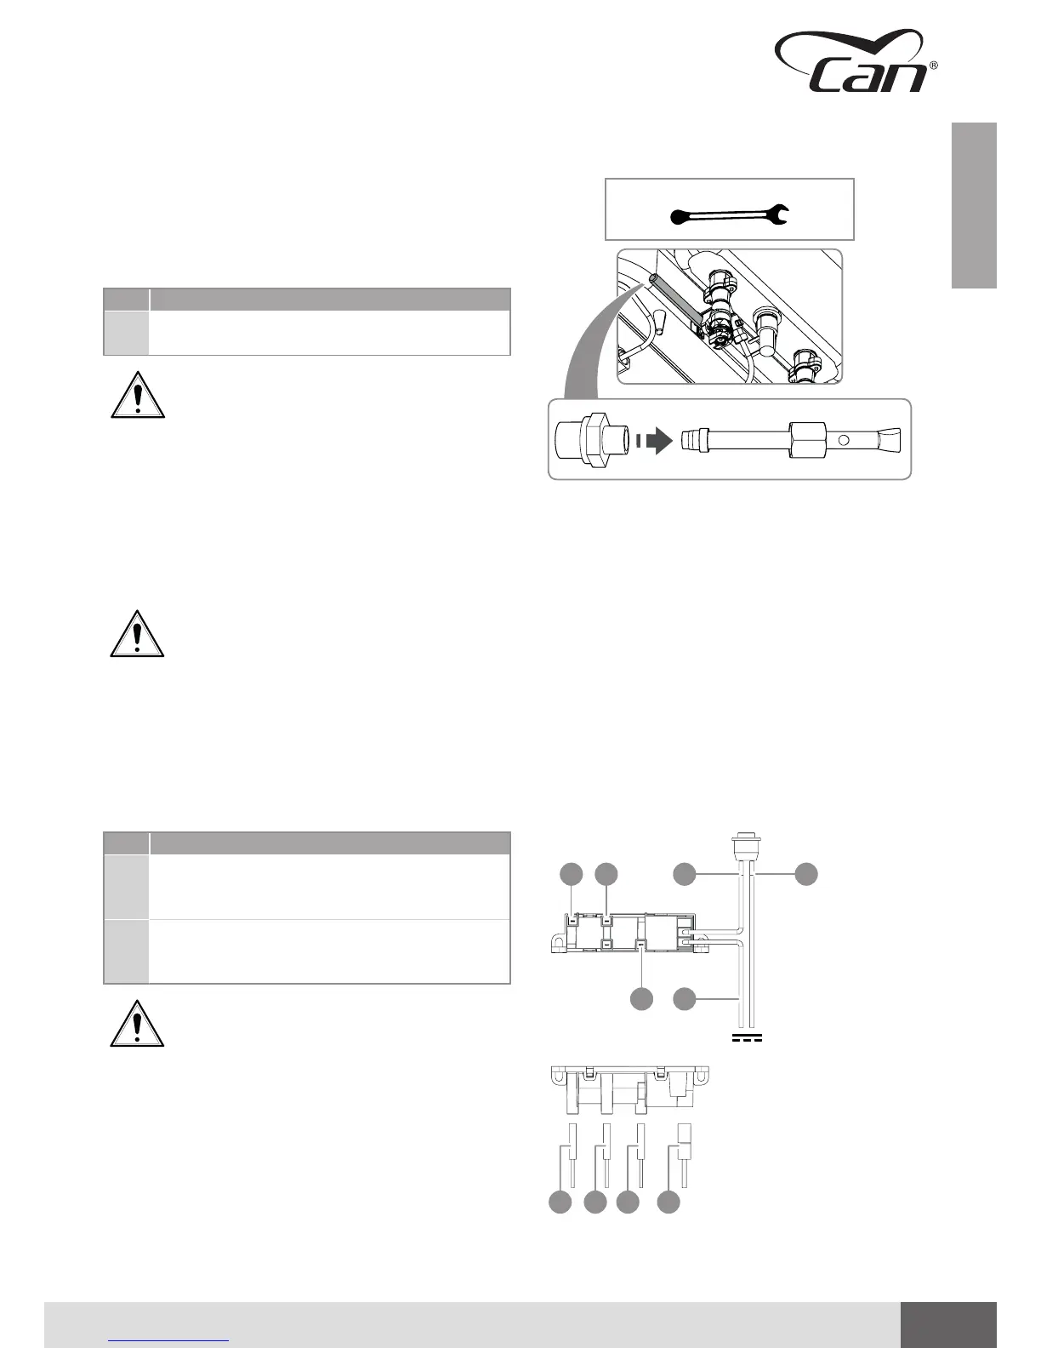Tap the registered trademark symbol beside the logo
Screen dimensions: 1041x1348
[x=934, y=66]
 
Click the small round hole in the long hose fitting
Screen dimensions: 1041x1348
[x=844, y=441]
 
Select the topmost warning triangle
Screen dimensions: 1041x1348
[x=137, y=396]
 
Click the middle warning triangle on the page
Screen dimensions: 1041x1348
[x=137, y=635]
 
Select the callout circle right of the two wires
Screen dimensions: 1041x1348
[x=806, y=873]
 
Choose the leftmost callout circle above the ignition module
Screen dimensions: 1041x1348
[x=572, y=873]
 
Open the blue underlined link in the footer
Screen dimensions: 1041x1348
[x=169, y=1339]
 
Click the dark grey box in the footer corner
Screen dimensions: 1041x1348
[x=947, y=1325]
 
